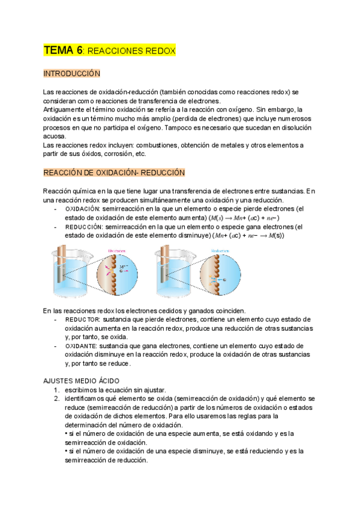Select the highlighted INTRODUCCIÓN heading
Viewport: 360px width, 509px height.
click(71, 73)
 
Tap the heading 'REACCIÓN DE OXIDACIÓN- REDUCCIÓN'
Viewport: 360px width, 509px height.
click(113, 172)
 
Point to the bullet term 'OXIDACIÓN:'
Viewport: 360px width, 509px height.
click(83, 209)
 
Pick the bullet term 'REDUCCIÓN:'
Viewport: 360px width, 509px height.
click(83, 227)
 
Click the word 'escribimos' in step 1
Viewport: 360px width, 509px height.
click(82, 390)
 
